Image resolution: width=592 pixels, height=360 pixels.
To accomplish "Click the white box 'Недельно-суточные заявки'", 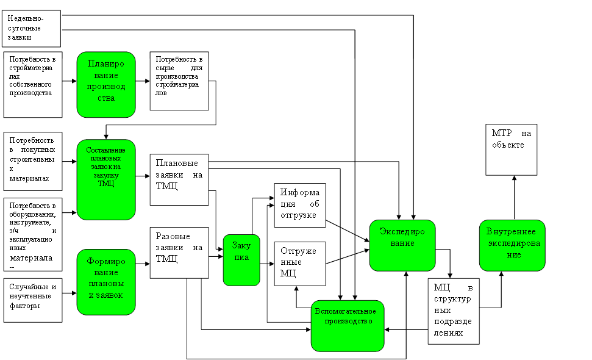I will tap(34, 28).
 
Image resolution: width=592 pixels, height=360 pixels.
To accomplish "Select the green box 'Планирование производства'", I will tap(106, 84).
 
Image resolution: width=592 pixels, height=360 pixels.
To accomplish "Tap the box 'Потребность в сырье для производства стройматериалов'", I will tap(179, 81).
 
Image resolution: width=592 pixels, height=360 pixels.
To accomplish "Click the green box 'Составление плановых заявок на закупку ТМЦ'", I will tap(106, 179).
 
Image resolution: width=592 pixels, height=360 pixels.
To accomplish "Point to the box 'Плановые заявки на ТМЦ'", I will tap(179, 180).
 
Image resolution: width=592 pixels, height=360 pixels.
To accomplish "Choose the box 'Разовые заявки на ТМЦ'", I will tap(179, 253).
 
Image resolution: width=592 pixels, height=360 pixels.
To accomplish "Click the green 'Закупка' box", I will tap(241, 260).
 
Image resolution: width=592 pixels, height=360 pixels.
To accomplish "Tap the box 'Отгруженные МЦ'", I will tap(300, 264).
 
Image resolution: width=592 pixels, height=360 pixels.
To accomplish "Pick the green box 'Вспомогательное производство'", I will tap(348, 325).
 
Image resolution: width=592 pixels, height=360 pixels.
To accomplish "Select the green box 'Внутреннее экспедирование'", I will tap(512, 245).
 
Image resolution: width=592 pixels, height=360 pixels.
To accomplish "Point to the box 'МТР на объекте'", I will tap(512, 150).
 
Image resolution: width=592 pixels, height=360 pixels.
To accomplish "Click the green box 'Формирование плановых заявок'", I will tap(106, 282).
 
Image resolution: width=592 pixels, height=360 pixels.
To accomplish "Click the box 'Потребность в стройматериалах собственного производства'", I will tap(34, 84).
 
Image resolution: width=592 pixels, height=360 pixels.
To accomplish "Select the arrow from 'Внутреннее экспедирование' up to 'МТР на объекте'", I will tap(514, 198).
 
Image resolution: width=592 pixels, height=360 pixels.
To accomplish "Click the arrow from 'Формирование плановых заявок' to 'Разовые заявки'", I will tap(143, 264).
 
